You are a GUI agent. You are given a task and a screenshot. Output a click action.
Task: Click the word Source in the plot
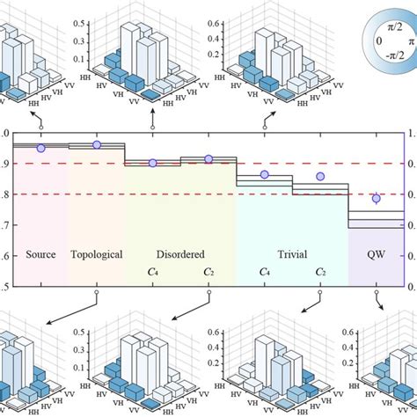click(x=40, y=255)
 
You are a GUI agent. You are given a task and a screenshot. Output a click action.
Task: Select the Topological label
click(x=95, y=255)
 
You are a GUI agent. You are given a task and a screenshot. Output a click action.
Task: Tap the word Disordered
click(x=179, y=255)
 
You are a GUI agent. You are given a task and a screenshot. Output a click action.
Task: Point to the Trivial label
click(x=293, y=255)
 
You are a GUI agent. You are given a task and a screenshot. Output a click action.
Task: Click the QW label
click(x=377, y=255)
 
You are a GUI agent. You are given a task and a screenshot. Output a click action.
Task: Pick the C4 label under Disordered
click(x=153, y=273)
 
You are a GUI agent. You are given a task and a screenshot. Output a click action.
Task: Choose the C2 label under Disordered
click(x=208, y=273)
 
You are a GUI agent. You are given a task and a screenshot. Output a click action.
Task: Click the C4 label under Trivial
click(x=264, y=273)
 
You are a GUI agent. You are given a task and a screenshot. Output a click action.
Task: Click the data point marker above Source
click(x=40, y=148)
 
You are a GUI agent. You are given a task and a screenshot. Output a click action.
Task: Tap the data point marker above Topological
click(x=97, y=145)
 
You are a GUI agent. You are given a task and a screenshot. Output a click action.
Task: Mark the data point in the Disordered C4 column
click(x=153, y=163)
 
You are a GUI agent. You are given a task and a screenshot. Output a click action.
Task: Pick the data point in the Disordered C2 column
click(x=208, y=159)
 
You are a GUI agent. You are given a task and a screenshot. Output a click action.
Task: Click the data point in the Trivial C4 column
click(x=264, y=174)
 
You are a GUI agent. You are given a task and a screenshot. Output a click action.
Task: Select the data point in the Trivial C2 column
click(x=320, y=176)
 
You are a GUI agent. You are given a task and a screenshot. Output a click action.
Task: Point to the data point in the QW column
click(x=377, y=198)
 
